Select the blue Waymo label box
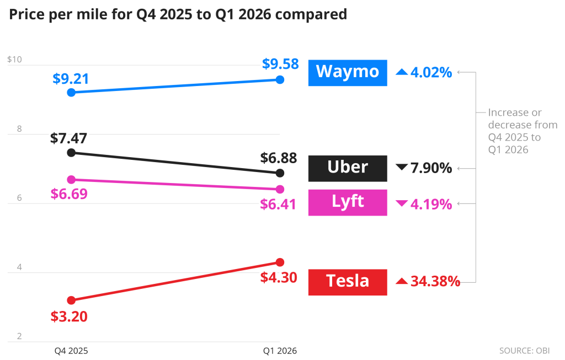pyautogui.click(x=348, y=72)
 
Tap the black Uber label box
pyautogui.click(x=348, y=168)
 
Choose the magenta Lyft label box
pyautogui.click(x=348, y=202)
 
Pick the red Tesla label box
pyautogui.click(x=348, y=282)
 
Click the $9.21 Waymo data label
pyautogui.click(x=71, y=79)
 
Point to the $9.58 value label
pyautogui.click(x=280, y=65)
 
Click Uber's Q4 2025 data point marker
pyautogui.click(x=71, y=153)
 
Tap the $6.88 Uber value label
pyautogui.click(x=279, y=159)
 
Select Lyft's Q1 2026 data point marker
pyautogui.click(x=280, y=189)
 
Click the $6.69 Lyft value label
pyautogui.click(x=69, y=194)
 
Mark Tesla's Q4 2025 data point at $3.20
pyautogui.click(x=71, y=300)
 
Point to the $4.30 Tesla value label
pyautogui.click(x=279, y=277)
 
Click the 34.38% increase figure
pyautogui.click(x=435, y=282)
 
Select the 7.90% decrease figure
pyautogui.click(x=431, y=168)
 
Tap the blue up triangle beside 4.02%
pyautogui.click(x=402, y=72)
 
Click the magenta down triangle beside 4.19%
pyautogui.click(x=402, y=204)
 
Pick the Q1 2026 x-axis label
pyautogui.click(x=280, y=351)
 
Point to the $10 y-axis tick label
pyautogui.click(x=14, y=60)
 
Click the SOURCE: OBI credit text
pyautogui.click(x=524, y=351)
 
